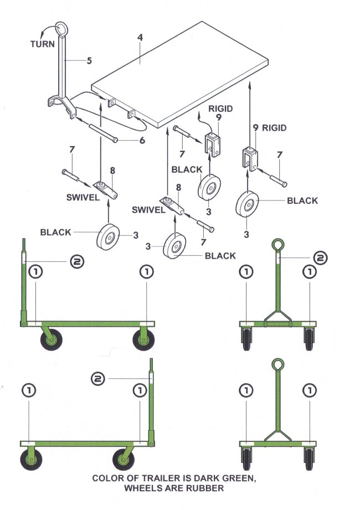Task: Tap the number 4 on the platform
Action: click(x=140, y=38)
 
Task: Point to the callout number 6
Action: click(x=142, y=141)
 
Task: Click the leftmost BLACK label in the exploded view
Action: click(x=55, y=233)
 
